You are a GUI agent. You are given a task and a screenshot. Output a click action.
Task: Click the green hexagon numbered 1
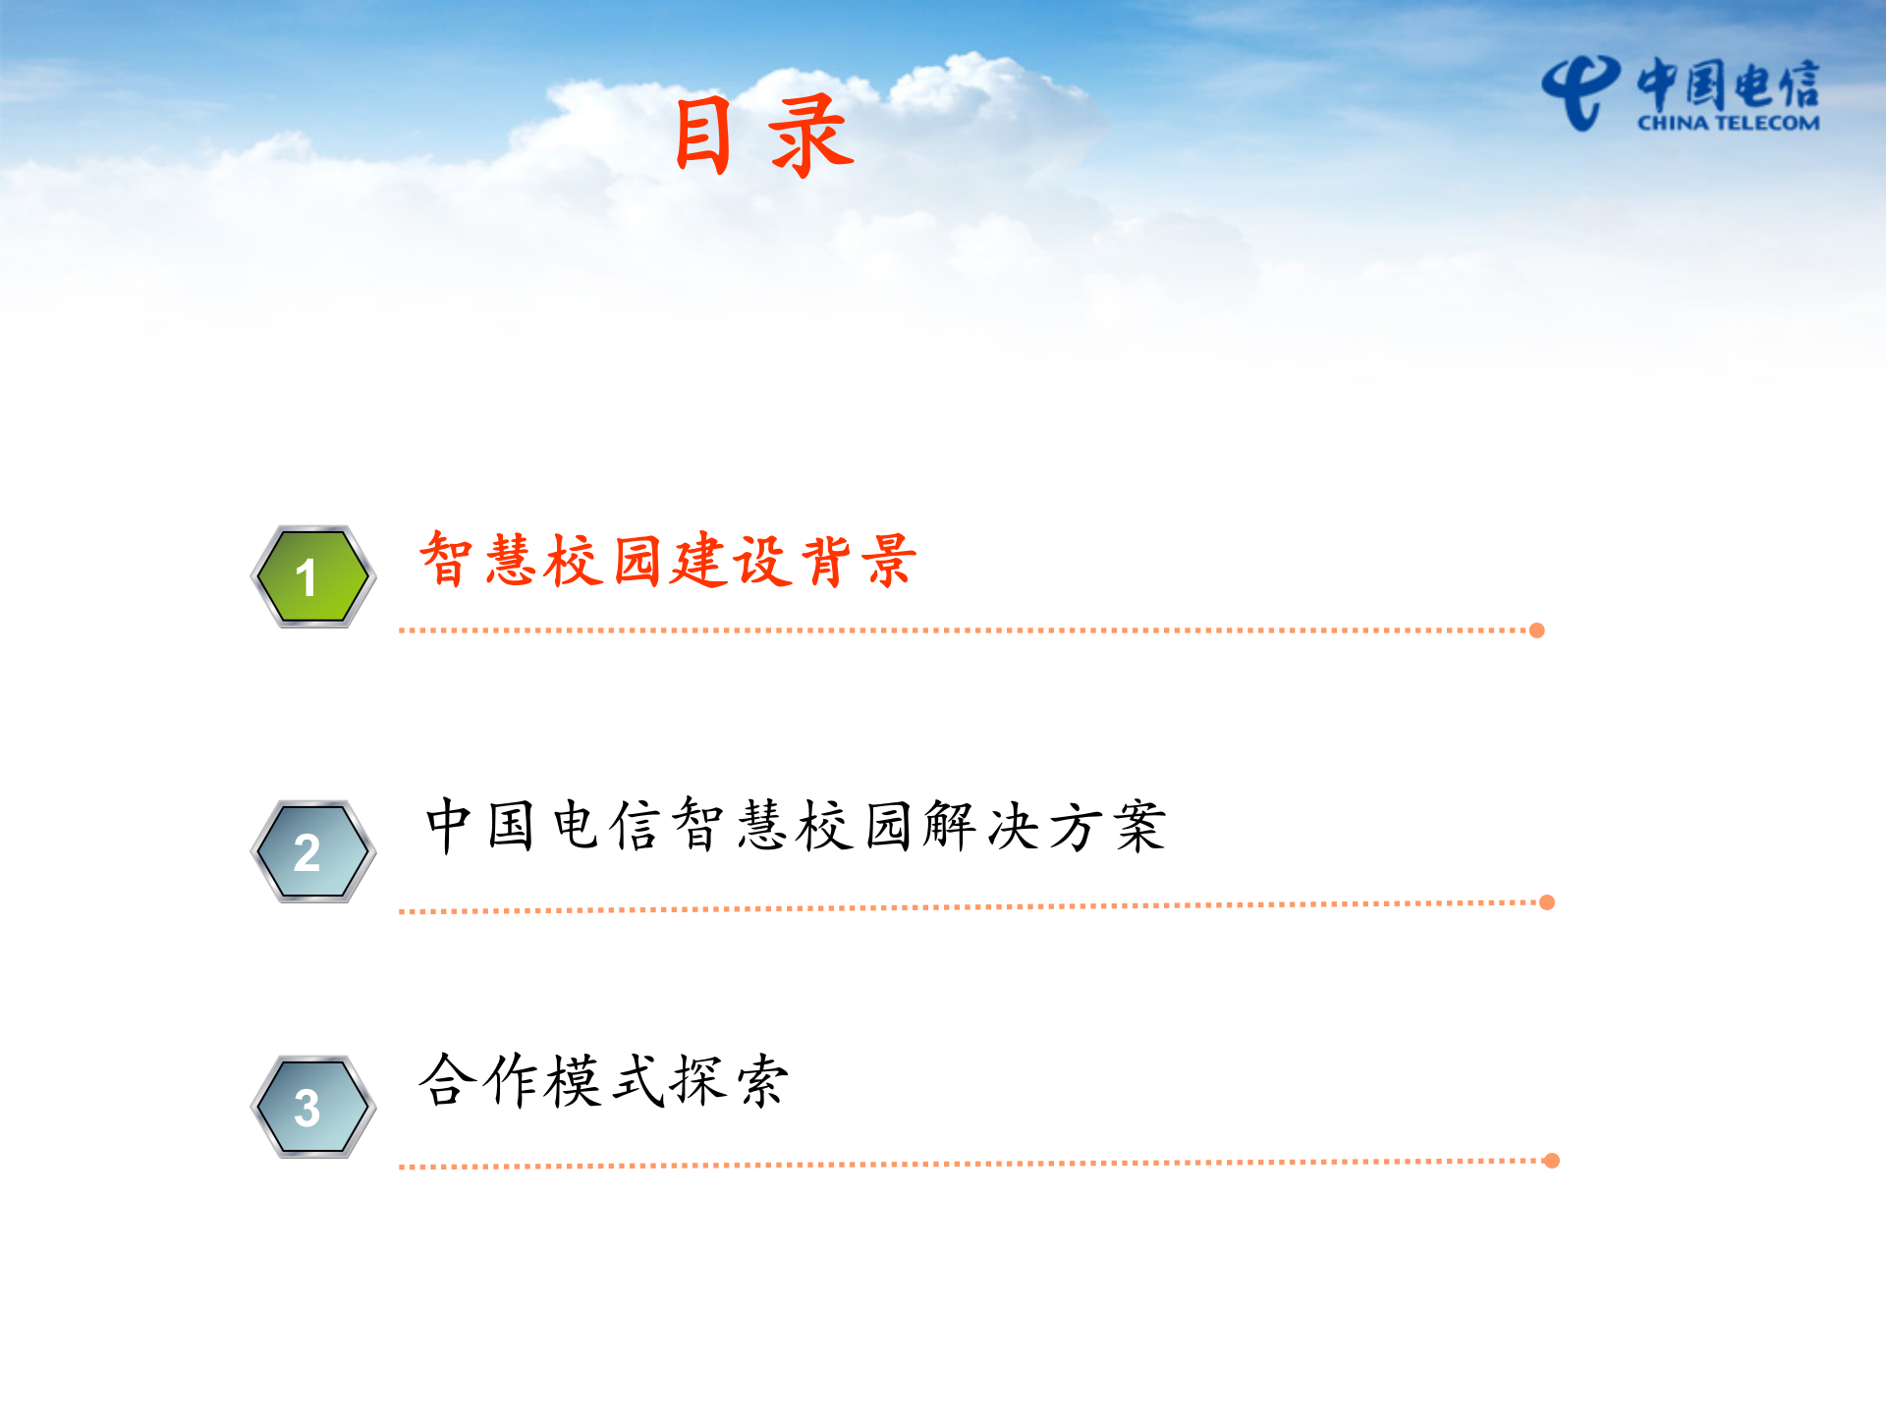point(312,576)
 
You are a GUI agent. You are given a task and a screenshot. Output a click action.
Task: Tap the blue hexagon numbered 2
point(312,851)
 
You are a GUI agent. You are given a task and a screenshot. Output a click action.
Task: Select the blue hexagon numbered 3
point(312,1107)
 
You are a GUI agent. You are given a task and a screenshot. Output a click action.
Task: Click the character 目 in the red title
point(703,136)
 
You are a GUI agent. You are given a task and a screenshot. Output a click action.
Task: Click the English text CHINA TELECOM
point(1728,124)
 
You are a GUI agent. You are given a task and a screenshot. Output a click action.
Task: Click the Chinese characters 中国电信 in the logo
point(1728,83)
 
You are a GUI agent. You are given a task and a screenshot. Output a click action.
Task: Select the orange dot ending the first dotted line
point(1537,630)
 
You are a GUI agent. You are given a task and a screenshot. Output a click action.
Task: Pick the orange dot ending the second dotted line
point(1547,902)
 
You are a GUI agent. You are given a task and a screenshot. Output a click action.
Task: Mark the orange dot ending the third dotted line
point(1552,1161)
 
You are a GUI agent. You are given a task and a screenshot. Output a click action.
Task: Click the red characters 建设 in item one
point(732,561)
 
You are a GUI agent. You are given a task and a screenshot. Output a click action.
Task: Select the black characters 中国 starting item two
point(480,825)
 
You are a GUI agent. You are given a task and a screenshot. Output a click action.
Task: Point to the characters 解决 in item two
point(981,825)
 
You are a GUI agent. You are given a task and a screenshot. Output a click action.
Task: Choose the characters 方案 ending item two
point(1108,825)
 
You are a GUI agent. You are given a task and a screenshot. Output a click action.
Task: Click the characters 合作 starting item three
point(478,1081)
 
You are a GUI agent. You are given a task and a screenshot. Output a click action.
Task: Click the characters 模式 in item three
point(604,1081)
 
